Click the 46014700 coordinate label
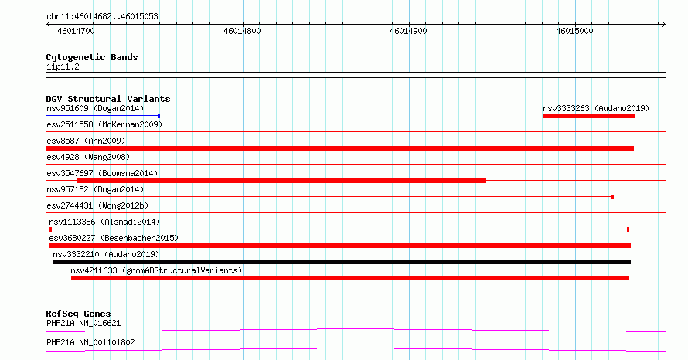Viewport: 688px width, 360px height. coord(76,31)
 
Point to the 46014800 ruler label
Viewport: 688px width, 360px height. coord(242,31)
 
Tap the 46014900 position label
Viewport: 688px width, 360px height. coord(408,31)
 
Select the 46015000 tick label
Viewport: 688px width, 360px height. coord(574,31)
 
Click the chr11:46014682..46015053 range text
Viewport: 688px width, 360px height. coord(102,17)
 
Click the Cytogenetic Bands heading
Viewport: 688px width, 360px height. coord(92,57)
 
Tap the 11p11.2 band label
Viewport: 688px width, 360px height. coord(63,67)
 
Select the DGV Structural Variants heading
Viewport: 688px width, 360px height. coord(108,99)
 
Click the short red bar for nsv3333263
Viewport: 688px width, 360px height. coord(589,116)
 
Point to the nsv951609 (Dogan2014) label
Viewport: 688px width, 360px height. coord(95,108)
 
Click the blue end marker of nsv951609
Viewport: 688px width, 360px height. coord(158,116)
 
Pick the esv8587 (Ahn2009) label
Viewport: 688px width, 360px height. coord(86,141)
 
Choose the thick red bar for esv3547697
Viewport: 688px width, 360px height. coord(281,181)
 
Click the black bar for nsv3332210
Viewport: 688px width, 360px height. coord(342,262)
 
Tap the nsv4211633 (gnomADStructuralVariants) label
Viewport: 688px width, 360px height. coord(156,270)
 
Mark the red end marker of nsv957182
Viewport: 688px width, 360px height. coord(612,197)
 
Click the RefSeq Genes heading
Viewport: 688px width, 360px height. coord(79,314)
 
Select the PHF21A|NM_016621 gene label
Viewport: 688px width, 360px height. coord(83,324)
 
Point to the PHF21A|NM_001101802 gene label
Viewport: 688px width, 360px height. coord(90,342)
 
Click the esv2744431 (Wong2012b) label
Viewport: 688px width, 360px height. coord(97,205)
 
